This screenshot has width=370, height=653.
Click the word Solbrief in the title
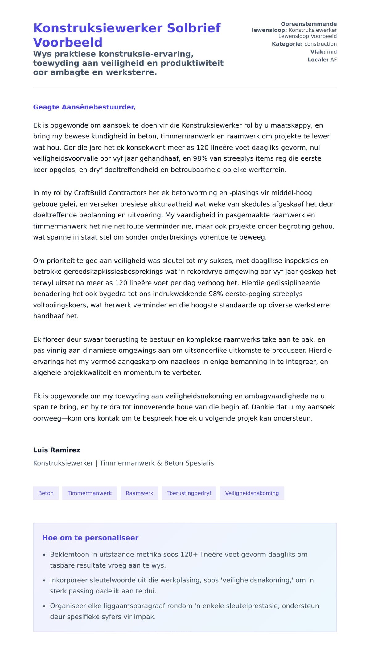click(x=194, y=28)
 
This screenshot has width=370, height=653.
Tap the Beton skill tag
click(x=46, y=493)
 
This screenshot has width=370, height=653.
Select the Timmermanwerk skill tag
click(x=89, y=493)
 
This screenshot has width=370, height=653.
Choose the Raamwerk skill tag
click(x=139, y=493)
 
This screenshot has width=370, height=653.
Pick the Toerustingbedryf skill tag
click(x=189, y=493)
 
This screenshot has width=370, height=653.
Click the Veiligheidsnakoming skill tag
click(x=252, y=493)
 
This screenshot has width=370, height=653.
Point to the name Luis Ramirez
click(x=57, y=450)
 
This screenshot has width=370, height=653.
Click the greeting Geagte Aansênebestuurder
click(x=84, y=107)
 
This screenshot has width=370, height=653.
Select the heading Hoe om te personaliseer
click(x=90, y=538)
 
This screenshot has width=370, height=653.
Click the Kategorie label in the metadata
click(x=287, y=44)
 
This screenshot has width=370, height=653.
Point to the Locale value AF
click(x=333, y=60)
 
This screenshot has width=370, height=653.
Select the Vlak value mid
click(x=332, y=52)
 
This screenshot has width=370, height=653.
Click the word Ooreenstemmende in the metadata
click(x=309, y=24)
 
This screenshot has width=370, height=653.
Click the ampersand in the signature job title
click(x=159, y=463)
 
